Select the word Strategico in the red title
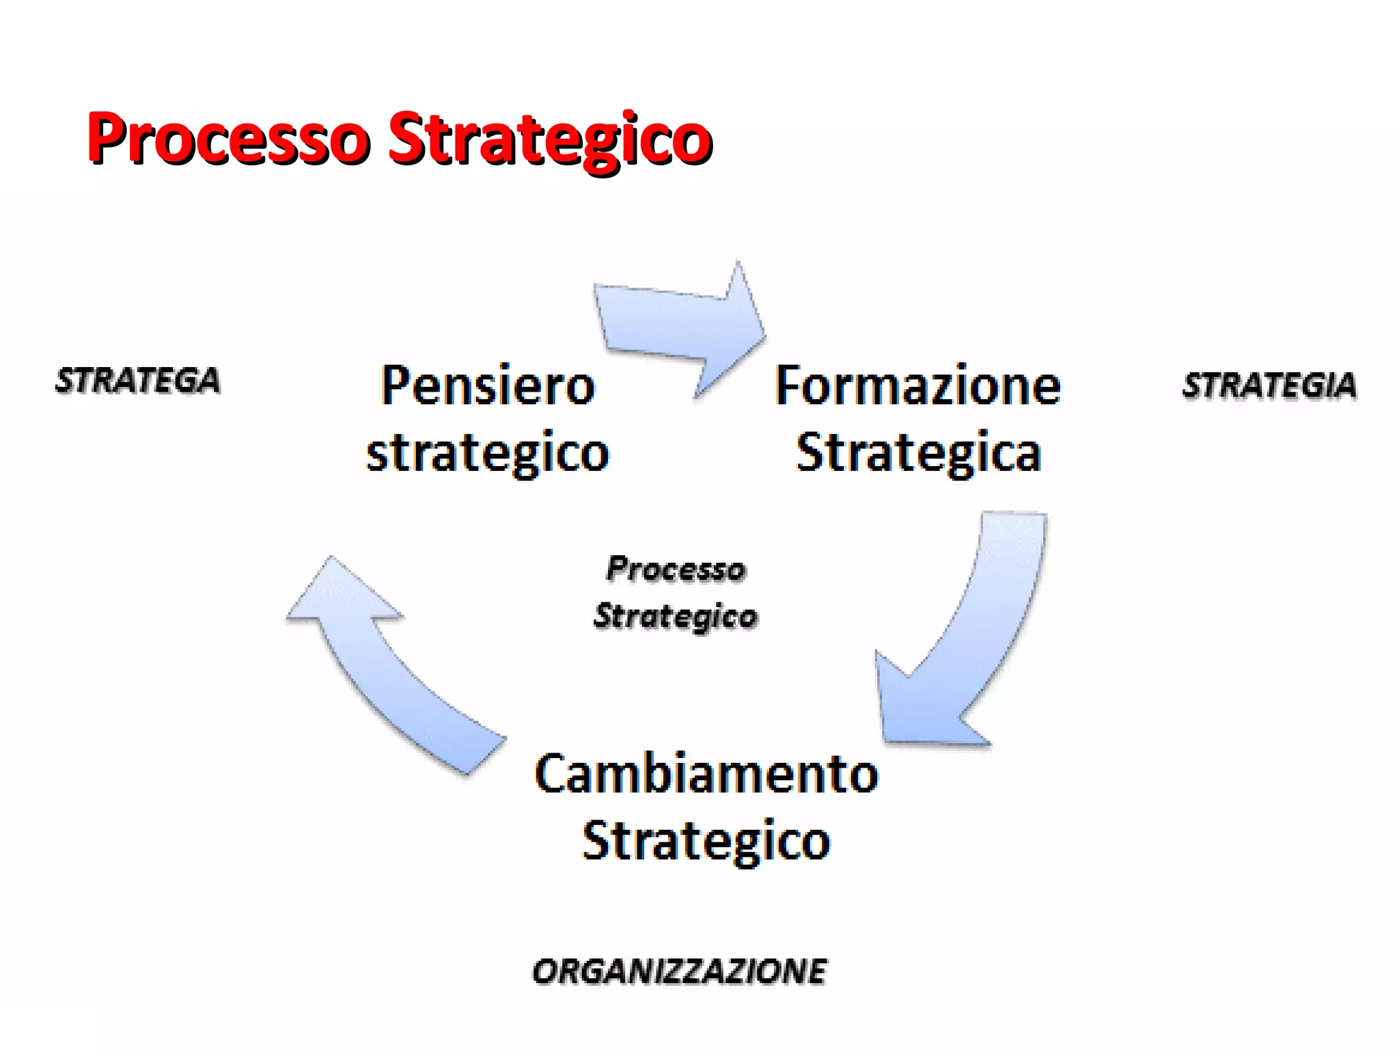coord(550,139)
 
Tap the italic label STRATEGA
coord(138,381)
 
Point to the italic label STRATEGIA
coord(1269,386)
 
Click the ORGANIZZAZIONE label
coord(680,971)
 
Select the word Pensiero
coord(488,386)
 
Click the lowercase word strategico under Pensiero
coord(488,453)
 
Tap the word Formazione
coord(918,386)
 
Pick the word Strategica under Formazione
coord(919,453)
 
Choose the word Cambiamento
coord(706,775)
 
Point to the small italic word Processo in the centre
coord(676,569)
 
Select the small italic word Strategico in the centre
coord(676,617)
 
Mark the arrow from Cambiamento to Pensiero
coord(389,670)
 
